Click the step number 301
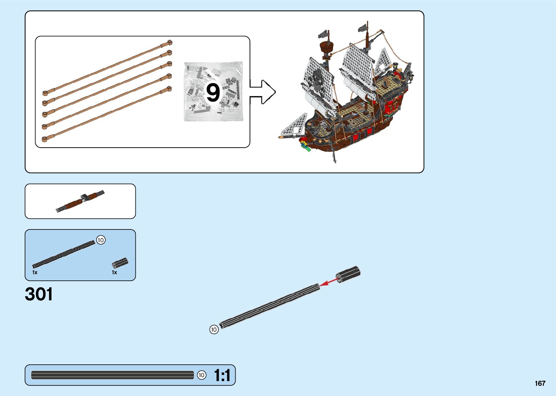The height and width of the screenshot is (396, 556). click(x=39, y=294)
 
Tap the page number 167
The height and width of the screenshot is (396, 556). click(x=540, y=383)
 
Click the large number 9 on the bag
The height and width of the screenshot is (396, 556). click(x=213, y=92)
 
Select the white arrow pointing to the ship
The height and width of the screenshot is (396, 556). click(x=263, y=92)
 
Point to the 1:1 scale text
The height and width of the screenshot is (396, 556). click(x=222, y=376)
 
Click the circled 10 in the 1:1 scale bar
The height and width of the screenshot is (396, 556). click(x=202, y=375)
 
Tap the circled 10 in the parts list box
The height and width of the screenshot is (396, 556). click(x=101, y=240)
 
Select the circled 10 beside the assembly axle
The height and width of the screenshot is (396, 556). click(x=214, y=329)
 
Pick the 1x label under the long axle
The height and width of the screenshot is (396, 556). click(x=35, y=272)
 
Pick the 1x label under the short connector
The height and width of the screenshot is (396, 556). click(x=114, y=272)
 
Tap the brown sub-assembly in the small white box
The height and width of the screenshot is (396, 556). click(x=80, y=201)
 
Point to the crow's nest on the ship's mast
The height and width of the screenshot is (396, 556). click(x=326, y=47)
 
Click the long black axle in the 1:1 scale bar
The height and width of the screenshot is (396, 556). click(x=113, y=375)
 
